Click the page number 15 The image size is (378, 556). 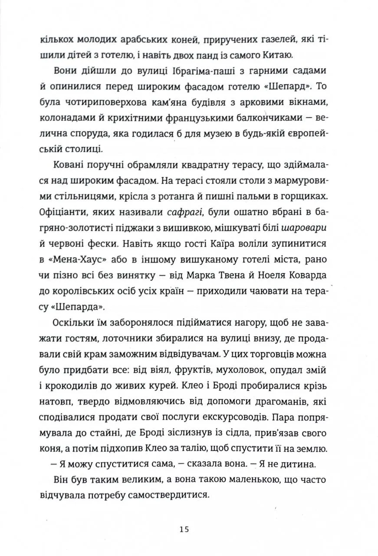pyautogui.click(x=184, y=530)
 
